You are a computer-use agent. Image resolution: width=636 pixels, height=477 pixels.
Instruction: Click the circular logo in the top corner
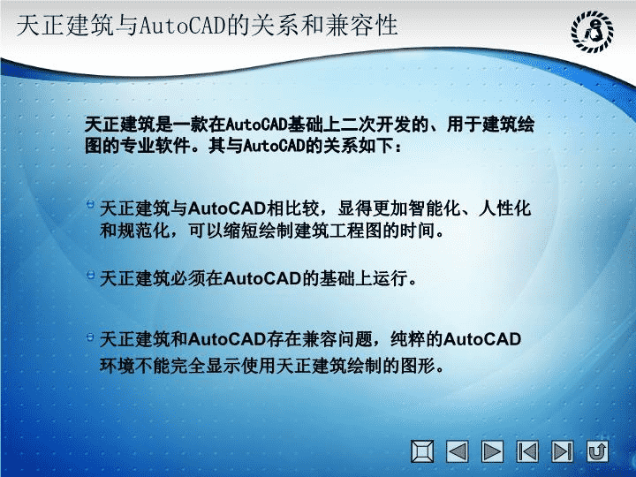[x=592, y=32]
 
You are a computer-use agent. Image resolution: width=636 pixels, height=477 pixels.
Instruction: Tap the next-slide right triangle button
[x=492, y=451]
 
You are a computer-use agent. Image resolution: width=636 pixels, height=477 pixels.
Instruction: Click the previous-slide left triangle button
[x=458, y=451]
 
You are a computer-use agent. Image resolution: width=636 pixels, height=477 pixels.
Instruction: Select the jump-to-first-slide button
[x=527, y=451]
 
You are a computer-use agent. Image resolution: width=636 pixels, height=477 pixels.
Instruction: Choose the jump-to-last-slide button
[x=562, y=451]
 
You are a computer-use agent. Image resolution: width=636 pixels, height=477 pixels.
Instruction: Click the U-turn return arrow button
[x=597, y=451]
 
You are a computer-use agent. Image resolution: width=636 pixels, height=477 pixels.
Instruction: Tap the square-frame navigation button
[x=422, y=451]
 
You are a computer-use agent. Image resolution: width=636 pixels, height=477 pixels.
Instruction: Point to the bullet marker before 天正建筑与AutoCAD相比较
[x=90, y=204]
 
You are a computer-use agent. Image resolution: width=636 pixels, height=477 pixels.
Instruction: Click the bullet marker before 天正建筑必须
[x=90, y=275]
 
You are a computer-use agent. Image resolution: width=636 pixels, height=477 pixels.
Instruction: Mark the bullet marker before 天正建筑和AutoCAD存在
[x=90, y=337]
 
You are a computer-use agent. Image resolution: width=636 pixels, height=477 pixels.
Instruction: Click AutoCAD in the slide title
[x=183, y=26]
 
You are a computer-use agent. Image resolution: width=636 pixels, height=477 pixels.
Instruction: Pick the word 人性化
[x=504, y=208]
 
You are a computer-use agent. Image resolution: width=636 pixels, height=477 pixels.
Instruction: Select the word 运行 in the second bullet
[x=390, y=278]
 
